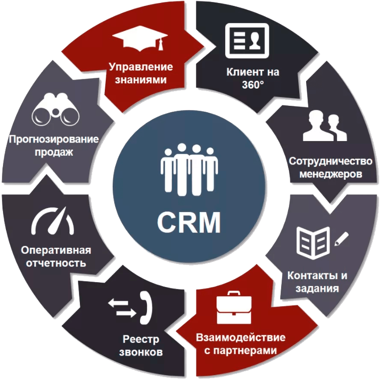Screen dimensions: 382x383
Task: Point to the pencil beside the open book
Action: point(341,239)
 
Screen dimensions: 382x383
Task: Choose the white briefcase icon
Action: point(235,308)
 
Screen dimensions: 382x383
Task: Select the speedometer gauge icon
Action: point(53,221)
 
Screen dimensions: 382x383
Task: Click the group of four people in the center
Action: point(189,167)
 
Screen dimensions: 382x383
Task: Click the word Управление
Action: point(141,66)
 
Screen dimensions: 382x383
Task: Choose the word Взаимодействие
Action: point(240,337)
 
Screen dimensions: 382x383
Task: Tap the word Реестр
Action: point(140,339)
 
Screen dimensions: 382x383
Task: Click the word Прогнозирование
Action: point(53,139)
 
